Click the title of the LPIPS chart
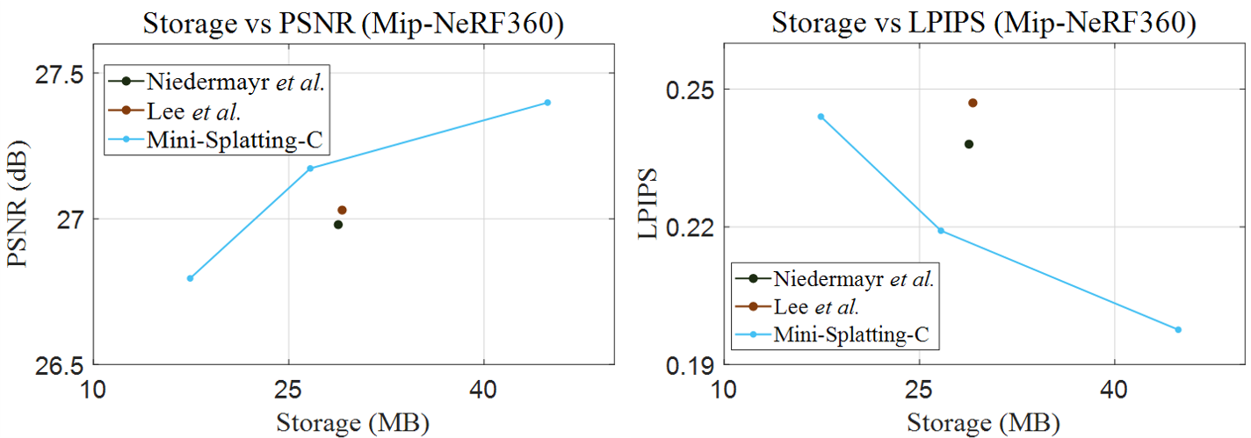984,23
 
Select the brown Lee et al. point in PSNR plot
342,210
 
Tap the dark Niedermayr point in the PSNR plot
338,225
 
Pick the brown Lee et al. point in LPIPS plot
973,103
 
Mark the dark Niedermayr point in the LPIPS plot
969,144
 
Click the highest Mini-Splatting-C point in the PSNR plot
547,103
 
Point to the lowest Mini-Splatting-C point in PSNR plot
190,278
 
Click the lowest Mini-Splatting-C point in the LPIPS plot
1178,330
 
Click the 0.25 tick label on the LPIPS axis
691,90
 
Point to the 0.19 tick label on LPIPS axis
691,364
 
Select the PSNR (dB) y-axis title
21,219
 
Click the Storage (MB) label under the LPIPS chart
983,422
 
